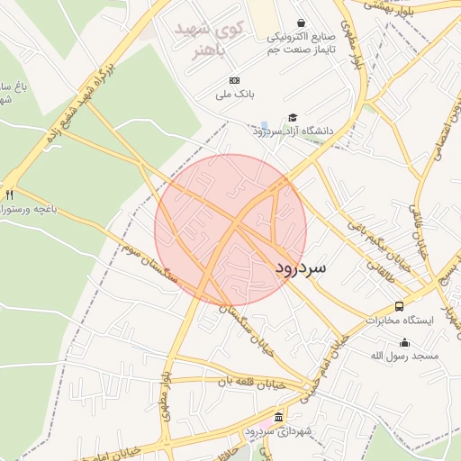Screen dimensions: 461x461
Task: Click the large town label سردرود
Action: point(302,268)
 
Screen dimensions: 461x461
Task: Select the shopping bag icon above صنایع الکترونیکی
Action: point(300,23)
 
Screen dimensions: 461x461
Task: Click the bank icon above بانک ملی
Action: point(235,80)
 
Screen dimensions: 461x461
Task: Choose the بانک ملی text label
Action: point(235,94)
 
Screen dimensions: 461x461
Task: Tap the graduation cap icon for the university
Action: point(292,118)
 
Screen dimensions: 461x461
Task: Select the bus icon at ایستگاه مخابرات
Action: point(399,306)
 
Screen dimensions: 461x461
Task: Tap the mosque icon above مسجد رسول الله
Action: point(404,342)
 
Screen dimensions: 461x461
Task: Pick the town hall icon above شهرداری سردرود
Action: point(278,419)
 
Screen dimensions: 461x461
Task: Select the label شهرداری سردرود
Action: point(278,432)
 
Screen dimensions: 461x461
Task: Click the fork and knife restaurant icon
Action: point(10,194)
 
